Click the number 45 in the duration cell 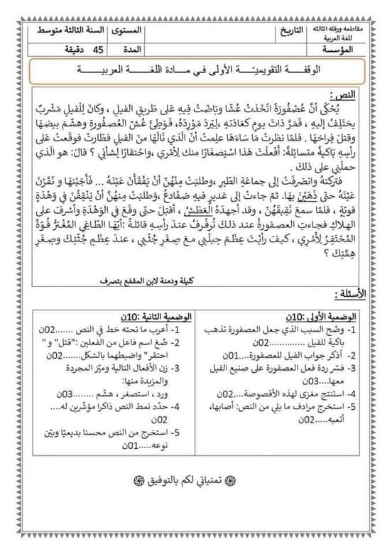[x=99, y=48]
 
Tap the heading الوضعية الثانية [x=152, y=317]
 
